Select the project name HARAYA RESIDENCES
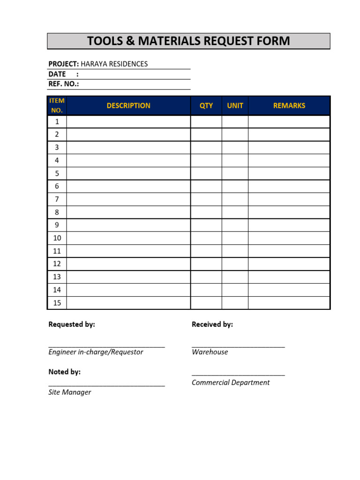click(114, 64)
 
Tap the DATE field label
click(57, 74)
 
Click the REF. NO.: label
click(64, 84)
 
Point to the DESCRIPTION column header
click(128, 105)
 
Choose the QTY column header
click(206, 105)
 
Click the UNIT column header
click(235, 105)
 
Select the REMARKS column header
click(289, 105)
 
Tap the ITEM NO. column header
click(57, 105)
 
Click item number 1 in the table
click(57, 121)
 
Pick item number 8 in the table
click(57, 212)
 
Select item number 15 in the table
click(57, 303)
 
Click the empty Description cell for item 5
click(128, 173)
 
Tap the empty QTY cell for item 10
click(206, 238)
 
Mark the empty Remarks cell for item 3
click(289, 148)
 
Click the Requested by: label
click(72, 324)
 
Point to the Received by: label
click(212, 324)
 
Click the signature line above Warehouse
click(238, 346)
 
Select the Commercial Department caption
click(231, 382)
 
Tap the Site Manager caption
click(70, 392)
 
